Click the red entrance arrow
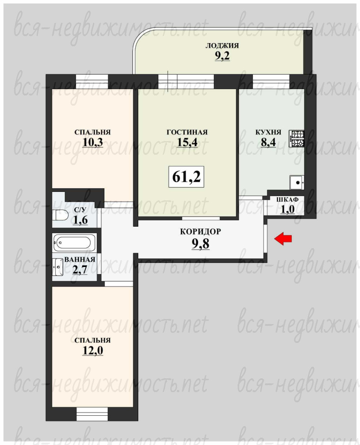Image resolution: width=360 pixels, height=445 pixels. [x=283, y=239]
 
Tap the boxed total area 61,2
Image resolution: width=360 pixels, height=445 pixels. [x=186, y=177]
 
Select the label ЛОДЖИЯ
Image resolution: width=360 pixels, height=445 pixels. [x=222, y=46]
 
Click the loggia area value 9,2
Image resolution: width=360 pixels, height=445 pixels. [x=222, y=56]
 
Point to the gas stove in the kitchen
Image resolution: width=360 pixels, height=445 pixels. [x=297, y=139]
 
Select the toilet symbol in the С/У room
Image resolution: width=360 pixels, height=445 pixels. [x=60, y=215]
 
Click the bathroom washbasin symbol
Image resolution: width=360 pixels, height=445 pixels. [x=58, y=267]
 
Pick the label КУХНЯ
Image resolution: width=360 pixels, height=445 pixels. [x=268, y=132]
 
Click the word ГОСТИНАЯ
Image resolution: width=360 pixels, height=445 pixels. [x=187, y=132]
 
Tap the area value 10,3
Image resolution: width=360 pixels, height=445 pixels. [x=93, y=142]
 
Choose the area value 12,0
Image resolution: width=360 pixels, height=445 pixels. [x=93, y=351]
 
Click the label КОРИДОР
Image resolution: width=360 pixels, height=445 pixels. [x=200, y=232]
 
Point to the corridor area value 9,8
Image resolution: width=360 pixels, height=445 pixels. [x=200, y=244]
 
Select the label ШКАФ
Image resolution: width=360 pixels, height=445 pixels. [x=287, y=199]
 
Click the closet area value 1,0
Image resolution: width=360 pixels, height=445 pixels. [x=288, y=210]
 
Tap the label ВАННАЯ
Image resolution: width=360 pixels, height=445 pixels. [x=80, y=260]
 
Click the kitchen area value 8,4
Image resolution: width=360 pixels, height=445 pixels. [x=268, y=142]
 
